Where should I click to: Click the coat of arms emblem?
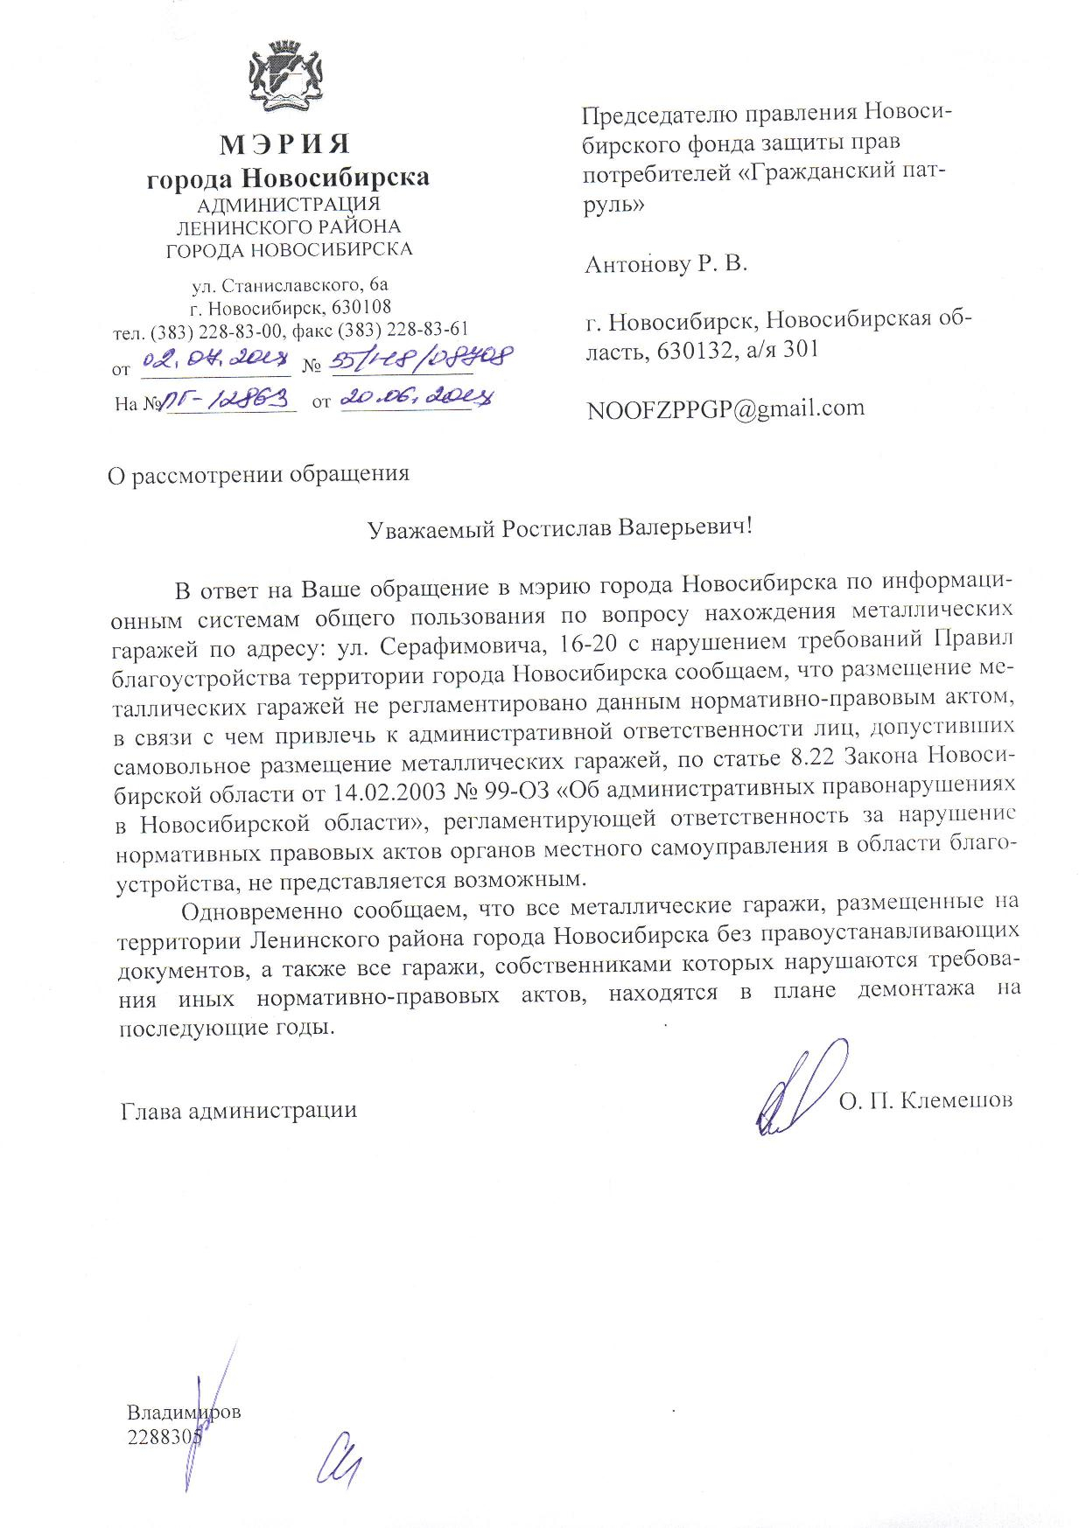287,78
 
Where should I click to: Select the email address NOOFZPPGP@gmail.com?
725,408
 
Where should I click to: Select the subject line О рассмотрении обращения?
258,474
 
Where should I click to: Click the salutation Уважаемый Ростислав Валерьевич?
559,528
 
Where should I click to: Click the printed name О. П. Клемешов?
925,1099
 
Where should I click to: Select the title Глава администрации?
238,1111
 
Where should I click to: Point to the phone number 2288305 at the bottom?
165,1436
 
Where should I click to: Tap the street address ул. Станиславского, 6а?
290,285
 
